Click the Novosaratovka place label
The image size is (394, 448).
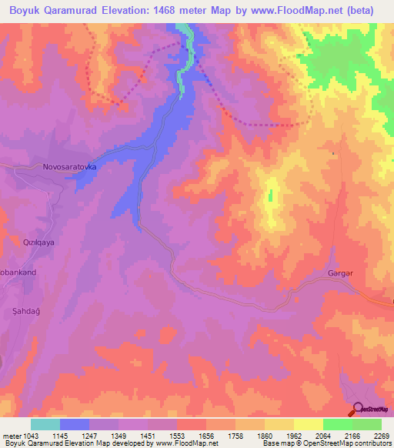(68, 166)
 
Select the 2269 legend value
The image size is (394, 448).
(381, 436)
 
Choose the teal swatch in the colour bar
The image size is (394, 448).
(45, 424)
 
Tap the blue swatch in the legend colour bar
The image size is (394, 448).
(74, 424)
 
